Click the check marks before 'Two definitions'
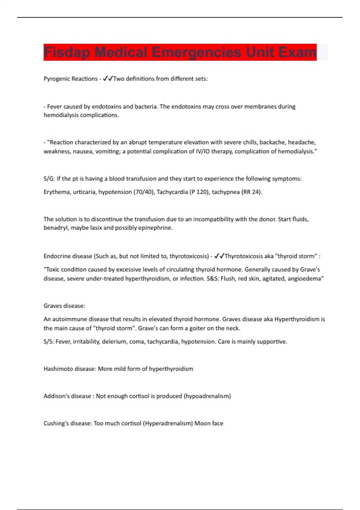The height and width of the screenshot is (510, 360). click(108, 79)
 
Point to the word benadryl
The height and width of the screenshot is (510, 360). click(55, 228)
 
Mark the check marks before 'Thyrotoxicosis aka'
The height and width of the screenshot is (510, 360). click(219, 256)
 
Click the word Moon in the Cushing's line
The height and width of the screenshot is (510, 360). click(202, 423)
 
